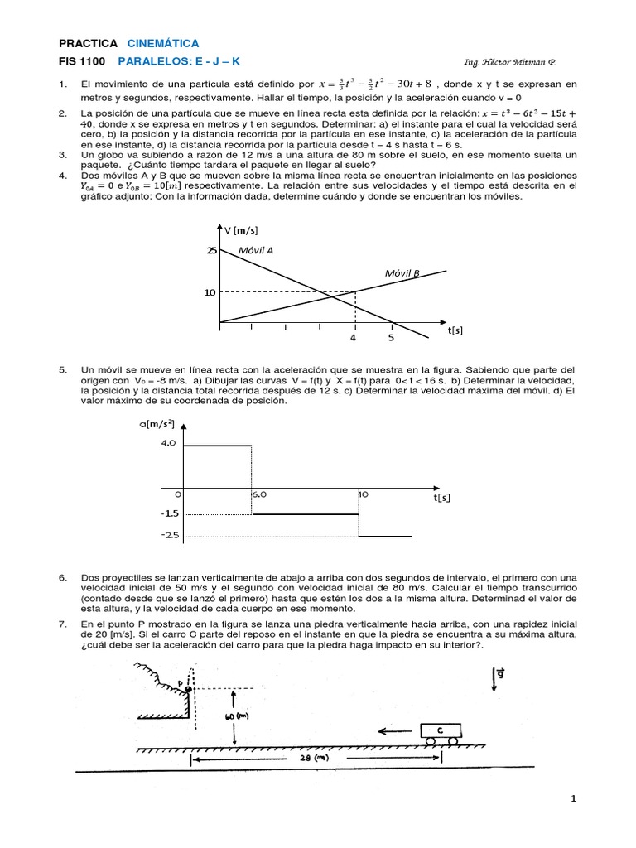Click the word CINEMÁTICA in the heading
coord(163,43)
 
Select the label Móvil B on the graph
coord(402,272)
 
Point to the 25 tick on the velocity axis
coord(211,250)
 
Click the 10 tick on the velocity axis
coord(210,292)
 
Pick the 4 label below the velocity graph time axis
coord(353,337)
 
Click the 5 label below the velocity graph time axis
coord(391,337)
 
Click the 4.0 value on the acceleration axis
coord(168,443)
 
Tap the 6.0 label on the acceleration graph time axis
coord(259,494)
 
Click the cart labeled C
coord(440,730)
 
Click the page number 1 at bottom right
coord(572,798)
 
